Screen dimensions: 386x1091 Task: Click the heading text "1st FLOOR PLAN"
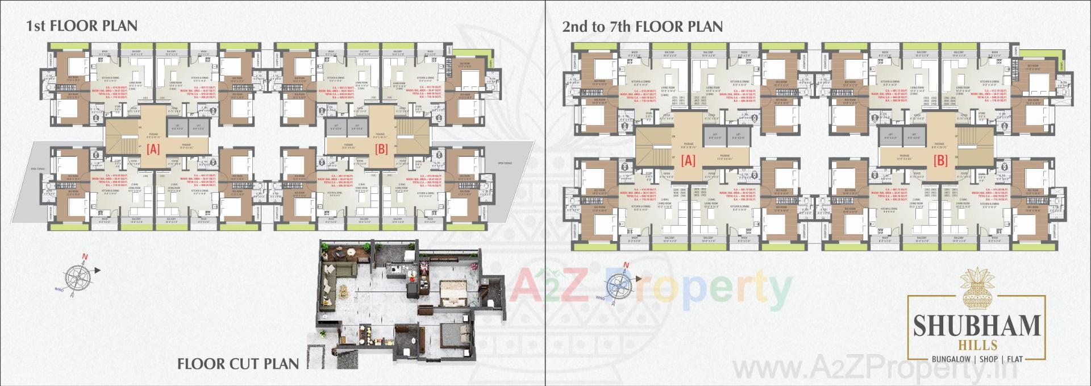point(82,26)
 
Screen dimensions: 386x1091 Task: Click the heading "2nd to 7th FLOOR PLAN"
point(642,26)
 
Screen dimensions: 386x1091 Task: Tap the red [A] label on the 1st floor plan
point(153,150)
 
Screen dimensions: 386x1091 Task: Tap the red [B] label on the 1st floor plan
point(382,150)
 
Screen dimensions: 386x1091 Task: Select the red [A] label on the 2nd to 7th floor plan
point(688,161)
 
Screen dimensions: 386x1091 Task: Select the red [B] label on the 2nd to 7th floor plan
point(940,161)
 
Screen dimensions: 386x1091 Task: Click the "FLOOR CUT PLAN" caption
point(238,364)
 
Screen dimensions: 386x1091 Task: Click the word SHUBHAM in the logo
point(976,326)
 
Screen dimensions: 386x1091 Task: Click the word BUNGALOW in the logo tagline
point(950,359)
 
